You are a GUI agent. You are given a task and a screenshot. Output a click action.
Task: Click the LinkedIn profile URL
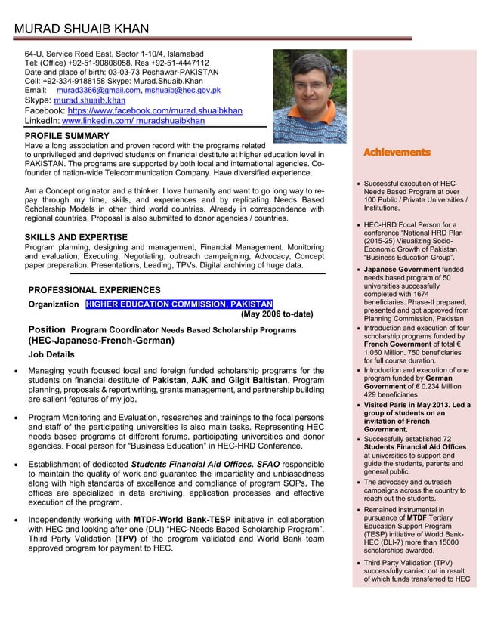[x=133, y=121]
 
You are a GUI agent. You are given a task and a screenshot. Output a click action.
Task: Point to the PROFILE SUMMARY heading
[x=67, y=136]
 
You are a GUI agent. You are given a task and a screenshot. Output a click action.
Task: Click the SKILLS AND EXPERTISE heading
[x=76, y=237]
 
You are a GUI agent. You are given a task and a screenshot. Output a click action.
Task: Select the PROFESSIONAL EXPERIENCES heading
[x=94, y=290]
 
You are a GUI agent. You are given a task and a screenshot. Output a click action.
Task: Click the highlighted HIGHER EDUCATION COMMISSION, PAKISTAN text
[x=179, y=304]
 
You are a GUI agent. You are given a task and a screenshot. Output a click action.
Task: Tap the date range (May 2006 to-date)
[x=277, y=315]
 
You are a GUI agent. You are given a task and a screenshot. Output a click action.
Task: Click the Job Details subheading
[x=51, y=354]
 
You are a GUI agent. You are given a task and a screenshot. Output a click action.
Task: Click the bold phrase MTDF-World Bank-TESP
[x=182, y=521]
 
